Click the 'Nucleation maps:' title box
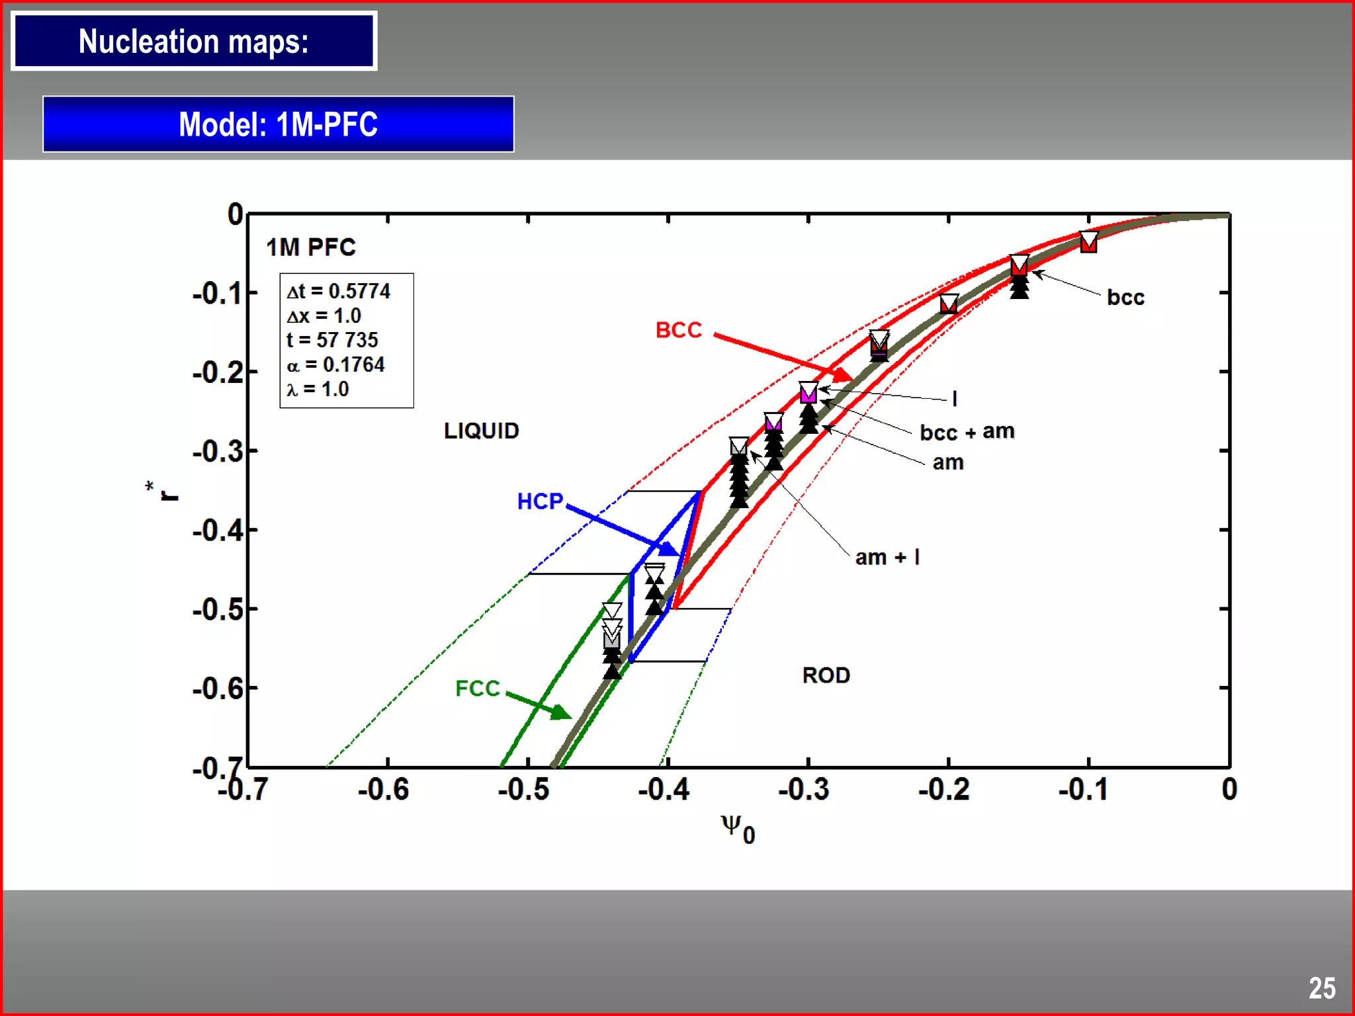click(x=194, y=41)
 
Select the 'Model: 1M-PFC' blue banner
click(x=278, y=124)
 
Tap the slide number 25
click(x=1321, y=988)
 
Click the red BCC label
click(x=678, y=330)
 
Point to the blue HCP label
click(x=540, y=501)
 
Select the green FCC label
click(x=477, y=689)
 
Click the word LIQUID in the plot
click(x=481, y=431)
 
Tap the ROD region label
click(x=826, y=675)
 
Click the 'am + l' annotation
click(x=887, y=558)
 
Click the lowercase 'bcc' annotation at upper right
click(x=1125, y=298)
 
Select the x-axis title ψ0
click(x=737, y=829)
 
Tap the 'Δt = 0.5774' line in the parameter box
click(x=338, y=291)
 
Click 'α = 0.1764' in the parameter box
click(x=335, y=364)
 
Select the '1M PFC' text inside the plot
click(x=311, y=247)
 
